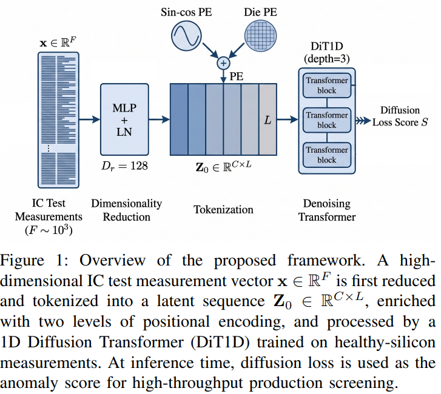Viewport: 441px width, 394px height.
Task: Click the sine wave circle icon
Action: pyautogui.click(x=186, y=36)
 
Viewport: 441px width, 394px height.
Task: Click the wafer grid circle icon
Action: pyautogui.click(x=260, y=36)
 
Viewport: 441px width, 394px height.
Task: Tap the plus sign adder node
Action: pyautogui.click(x=223, y=63)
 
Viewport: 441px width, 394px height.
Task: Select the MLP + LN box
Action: pyautogui.click(x=124, y=119)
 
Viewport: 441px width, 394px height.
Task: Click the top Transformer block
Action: pyautogui.click(x=327, y=85)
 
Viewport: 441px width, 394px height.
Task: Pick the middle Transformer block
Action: pyautogui.click(x=327, y=120)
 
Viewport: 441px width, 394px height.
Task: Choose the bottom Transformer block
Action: pyautogui.click(x=327, y=155)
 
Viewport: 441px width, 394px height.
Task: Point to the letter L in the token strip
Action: pyautogui.click(x=268, y=120)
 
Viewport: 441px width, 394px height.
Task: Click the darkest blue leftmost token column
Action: pyautogui.click(x=179, y=119)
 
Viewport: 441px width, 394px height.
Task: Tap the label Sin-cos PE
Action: pyautogui.click(x=186, y=12)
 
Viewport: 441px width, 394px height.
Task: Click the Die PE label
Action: pyautogui.click(x=260, y=12)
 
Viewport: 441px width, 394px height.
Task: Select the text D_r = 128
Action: pyautogui.click(x=124, y=166)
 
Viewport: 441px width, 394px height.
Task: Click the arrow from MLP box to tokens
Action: pyautogui.click(x=160, y=119)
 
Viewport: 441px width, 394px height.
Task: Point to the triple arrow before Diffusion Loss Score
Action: pyautogui.click(x=363, y=121)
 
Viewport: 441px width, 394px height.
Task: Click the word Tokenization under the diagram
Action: pyautogui.click(x=223, y=210)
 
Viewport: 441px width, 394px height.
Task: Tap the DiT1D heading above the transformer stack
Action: pyautogui.click(x=327, y=46)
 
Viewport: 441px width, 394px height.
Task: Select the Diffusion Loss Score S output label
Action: pyautogui.click(x=400, y=116)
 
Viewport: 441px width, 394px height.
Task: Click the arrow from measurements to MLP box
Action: pyautogui.click(x=89, y=119)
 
